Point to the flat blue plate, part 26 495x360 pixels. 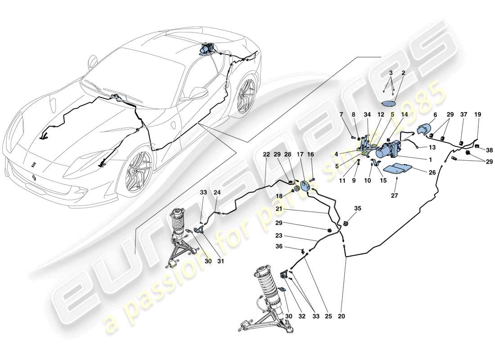tap(397, 169)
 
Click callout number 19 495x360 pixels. tap(478, 115)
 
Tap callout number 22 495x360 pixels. tap(266, 154)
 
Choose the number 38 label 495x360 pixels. tap(489, 151)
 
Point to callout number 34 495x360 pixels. tap(367, 115)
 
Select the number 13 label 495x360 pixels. tap(432, 147)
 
